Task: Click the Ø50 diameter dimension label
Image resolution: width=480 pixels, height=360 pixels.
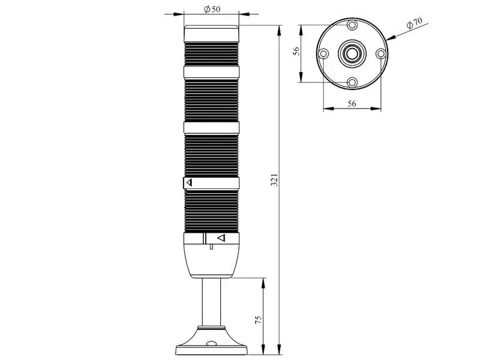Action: coord(212,9)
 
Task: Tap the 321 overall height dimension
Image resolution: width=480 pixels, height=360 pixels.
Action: coord(275,179)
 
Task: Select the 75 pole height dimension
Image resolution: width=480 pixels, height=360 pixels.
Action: coord(259,320)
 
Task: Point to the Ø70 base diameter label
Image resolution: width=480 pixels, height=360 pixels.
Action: coord(415,23)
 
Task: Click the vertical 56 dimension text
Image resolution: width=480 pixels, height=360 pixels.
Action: coord(296,51)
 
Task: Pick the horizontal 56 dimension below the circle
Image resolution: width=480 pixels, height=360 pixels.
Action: coord(352,103)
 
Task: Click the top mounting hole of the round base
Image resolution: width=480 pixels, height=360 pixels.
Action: coord(352,25)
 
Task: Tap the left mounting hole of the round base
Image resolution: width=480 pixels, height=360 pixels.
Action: coord(323,54)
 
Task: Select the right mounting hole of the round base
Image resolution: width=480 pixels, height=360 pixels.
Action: coord(380,54)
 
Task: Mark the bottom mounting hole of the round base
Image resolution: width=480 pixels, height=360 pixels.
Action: coord(352,82)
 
